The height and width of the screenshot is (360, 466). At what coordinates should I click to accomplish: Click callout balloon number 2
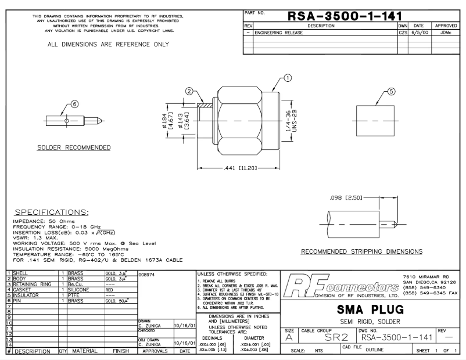coord(189,91)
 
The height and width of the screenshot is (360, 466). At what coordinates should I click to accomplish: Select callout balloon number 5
coord(391,91)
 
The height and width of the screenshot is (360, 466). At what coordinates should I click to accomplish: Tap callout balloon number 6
coord(74,103)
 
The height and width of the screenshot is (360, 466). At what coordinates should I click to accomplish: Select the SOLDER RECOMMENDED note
coord(74,147)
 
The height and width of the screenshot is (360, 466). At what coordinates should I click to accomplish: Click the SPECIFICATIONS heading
coord(52,213)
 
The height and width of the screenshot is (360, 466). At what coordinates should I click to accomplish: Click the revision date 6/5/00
coord(418,34)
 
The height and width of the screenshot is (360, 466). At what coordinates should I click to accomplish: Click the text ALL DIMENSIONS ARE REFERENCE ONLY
coord(108,44)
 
